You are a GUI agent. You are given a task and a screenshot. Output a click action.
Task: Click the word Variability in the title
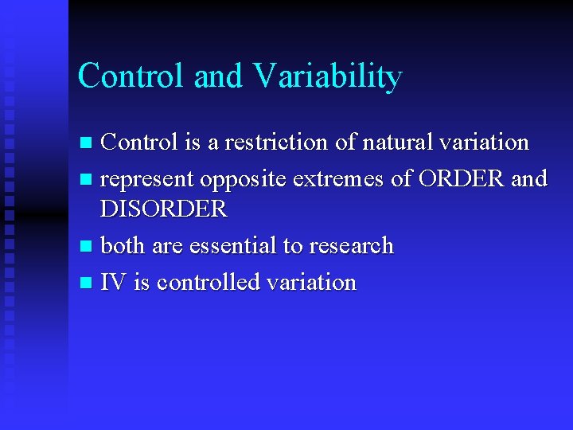[x=327, y=77]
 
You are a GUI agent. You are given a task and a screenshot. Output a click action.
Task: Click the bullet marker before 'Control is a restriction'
[x=88, y=143]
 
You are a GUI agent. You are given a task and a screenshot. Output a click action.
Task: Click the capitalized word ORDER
[x=460, y=178]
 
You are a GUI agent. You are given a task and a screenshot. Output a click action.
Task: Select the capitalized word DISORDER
[x=164, y=209]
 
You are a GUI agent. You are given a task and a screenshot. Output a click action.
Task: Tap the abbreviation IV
[x=113, y=282]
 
